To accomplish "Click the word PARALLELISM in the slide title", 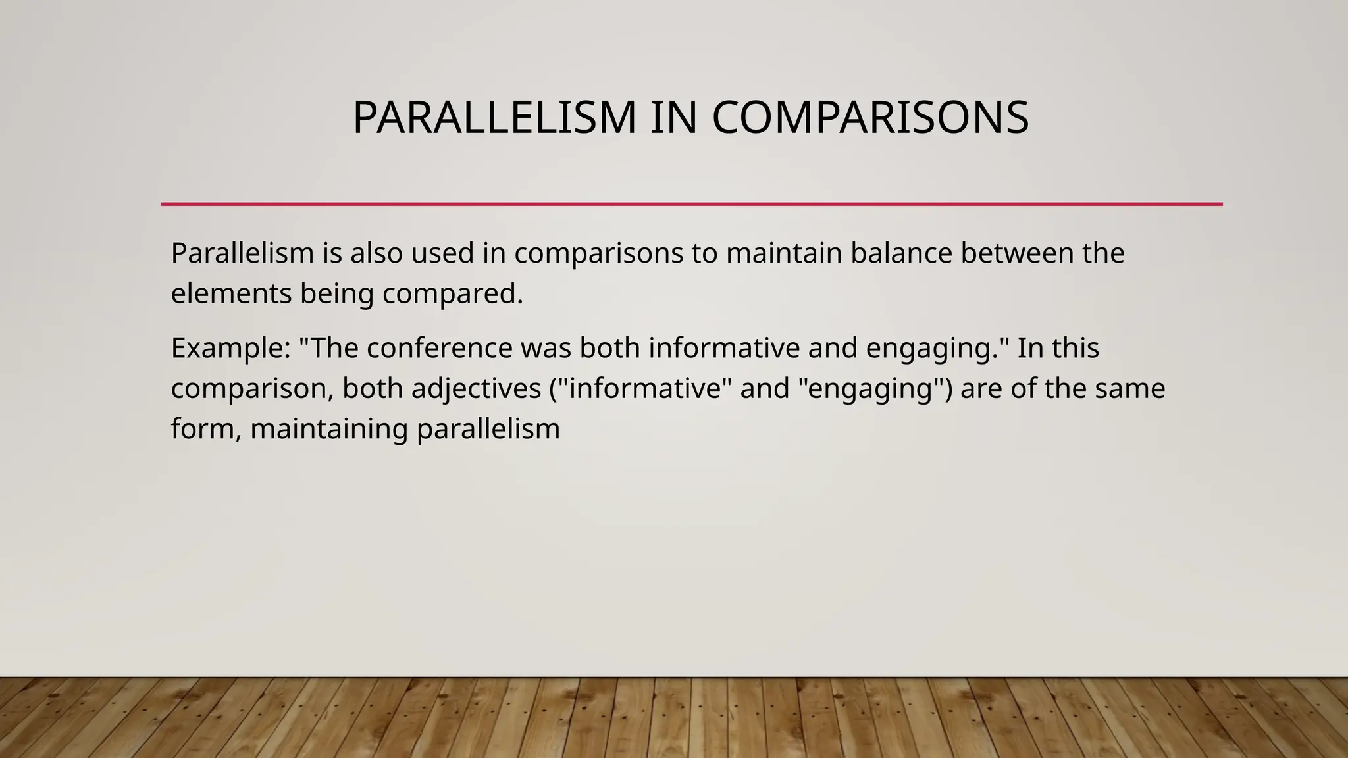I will coord(494,118).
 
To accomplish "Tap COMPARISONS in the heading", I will coord(870,118).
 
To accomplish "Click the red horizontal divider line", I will coord(691,204).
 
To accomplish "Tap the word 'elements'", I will coord(231,293).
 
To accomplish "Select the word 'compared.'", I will coord(452,293).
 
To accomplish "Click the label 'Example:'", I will coord(230,348).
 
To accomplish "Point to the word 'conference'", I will coord(439,348).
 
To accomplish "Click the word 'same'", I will coord(1129,388).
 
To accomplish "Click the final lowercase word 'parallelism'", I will coord(488,429).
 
